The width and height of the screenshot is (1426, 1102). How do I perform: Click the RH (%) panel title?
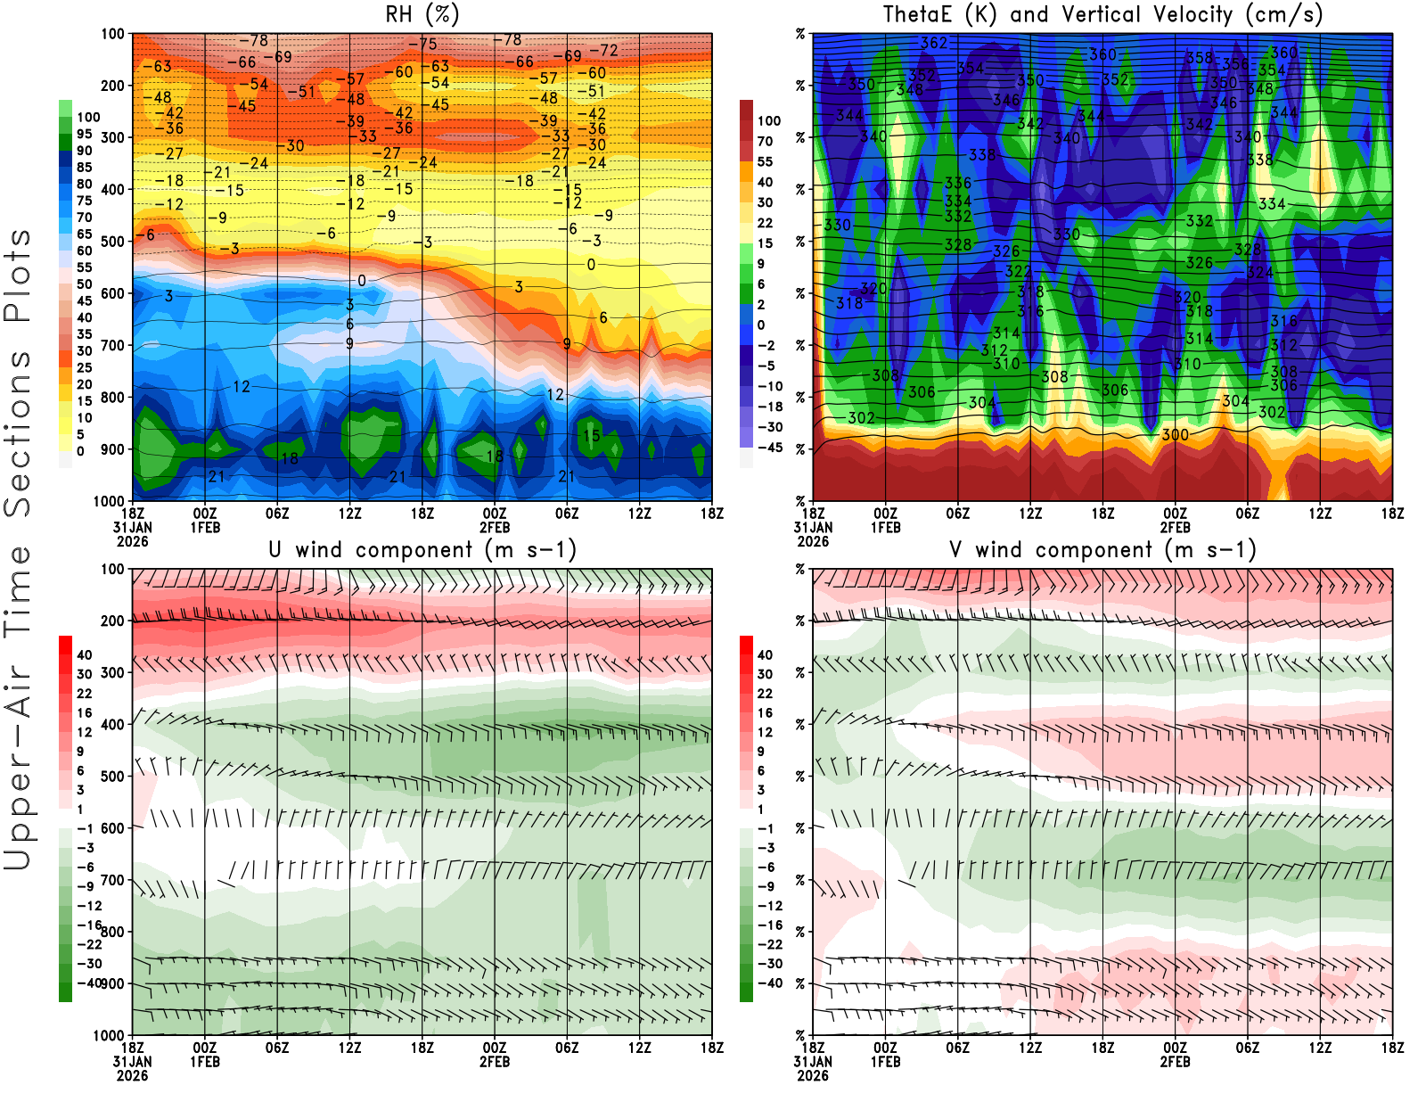[x=422, y=14]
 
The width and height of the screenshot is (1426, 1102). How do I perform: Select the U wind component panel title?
[x=422, y=549]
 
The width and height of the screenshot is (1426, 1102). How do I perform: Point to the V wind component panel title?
[x=1102, y=549]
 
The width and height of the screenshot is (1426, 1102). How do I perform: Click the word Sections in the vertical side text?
[x=18, y=433]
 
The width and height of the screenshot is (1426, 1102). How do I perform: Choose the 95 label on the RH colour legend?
[x=84, y=134]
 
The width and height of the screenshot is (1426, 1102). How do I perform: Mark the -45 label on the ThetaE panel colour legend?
[x=769, y=448]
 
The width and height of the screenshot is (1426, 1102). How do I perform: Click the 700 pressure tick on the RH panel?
[x=113, y=345]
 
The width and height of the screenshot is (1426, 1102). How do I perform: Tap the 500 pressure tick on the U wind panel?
[x=113, y=777]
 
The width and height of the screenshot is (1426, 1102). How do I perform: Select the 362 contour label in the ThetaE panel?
[x=934, y=43]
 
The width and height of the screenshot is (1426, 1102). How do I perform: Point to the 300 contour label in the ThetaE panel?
[x=1175, y=435]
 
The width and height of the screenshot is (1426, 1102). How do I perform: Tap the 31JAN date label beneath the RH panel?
[x=132, y=527]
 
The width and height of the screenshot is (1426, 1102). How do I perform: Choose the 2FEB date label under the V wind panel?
[x=1175, y=1062]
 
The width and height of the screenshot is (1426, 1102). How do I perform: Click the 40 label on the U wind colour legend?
[x=85, y=655]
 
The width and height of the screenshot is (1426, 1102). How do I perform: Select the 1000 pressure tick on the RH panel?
[x=110, y=501]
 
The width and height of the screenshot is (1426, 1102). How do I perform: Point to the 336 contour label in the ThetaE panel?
[x=958, y=184]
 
